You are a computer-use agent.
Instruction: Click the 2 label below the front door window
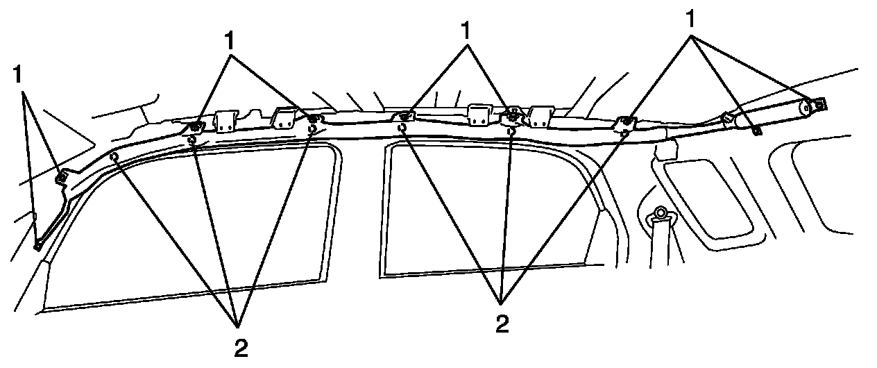coord(241,346)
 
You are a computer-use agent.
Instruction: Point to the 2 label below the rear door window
coord(501,324)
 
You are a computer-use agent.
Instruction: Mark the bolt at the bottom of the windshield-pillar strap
coord(37,244)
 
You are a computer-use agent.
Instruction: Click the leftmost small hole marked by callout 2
coord(114,158)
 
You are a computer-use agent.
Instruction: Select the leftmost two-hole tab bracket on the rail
coord(225,122)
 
